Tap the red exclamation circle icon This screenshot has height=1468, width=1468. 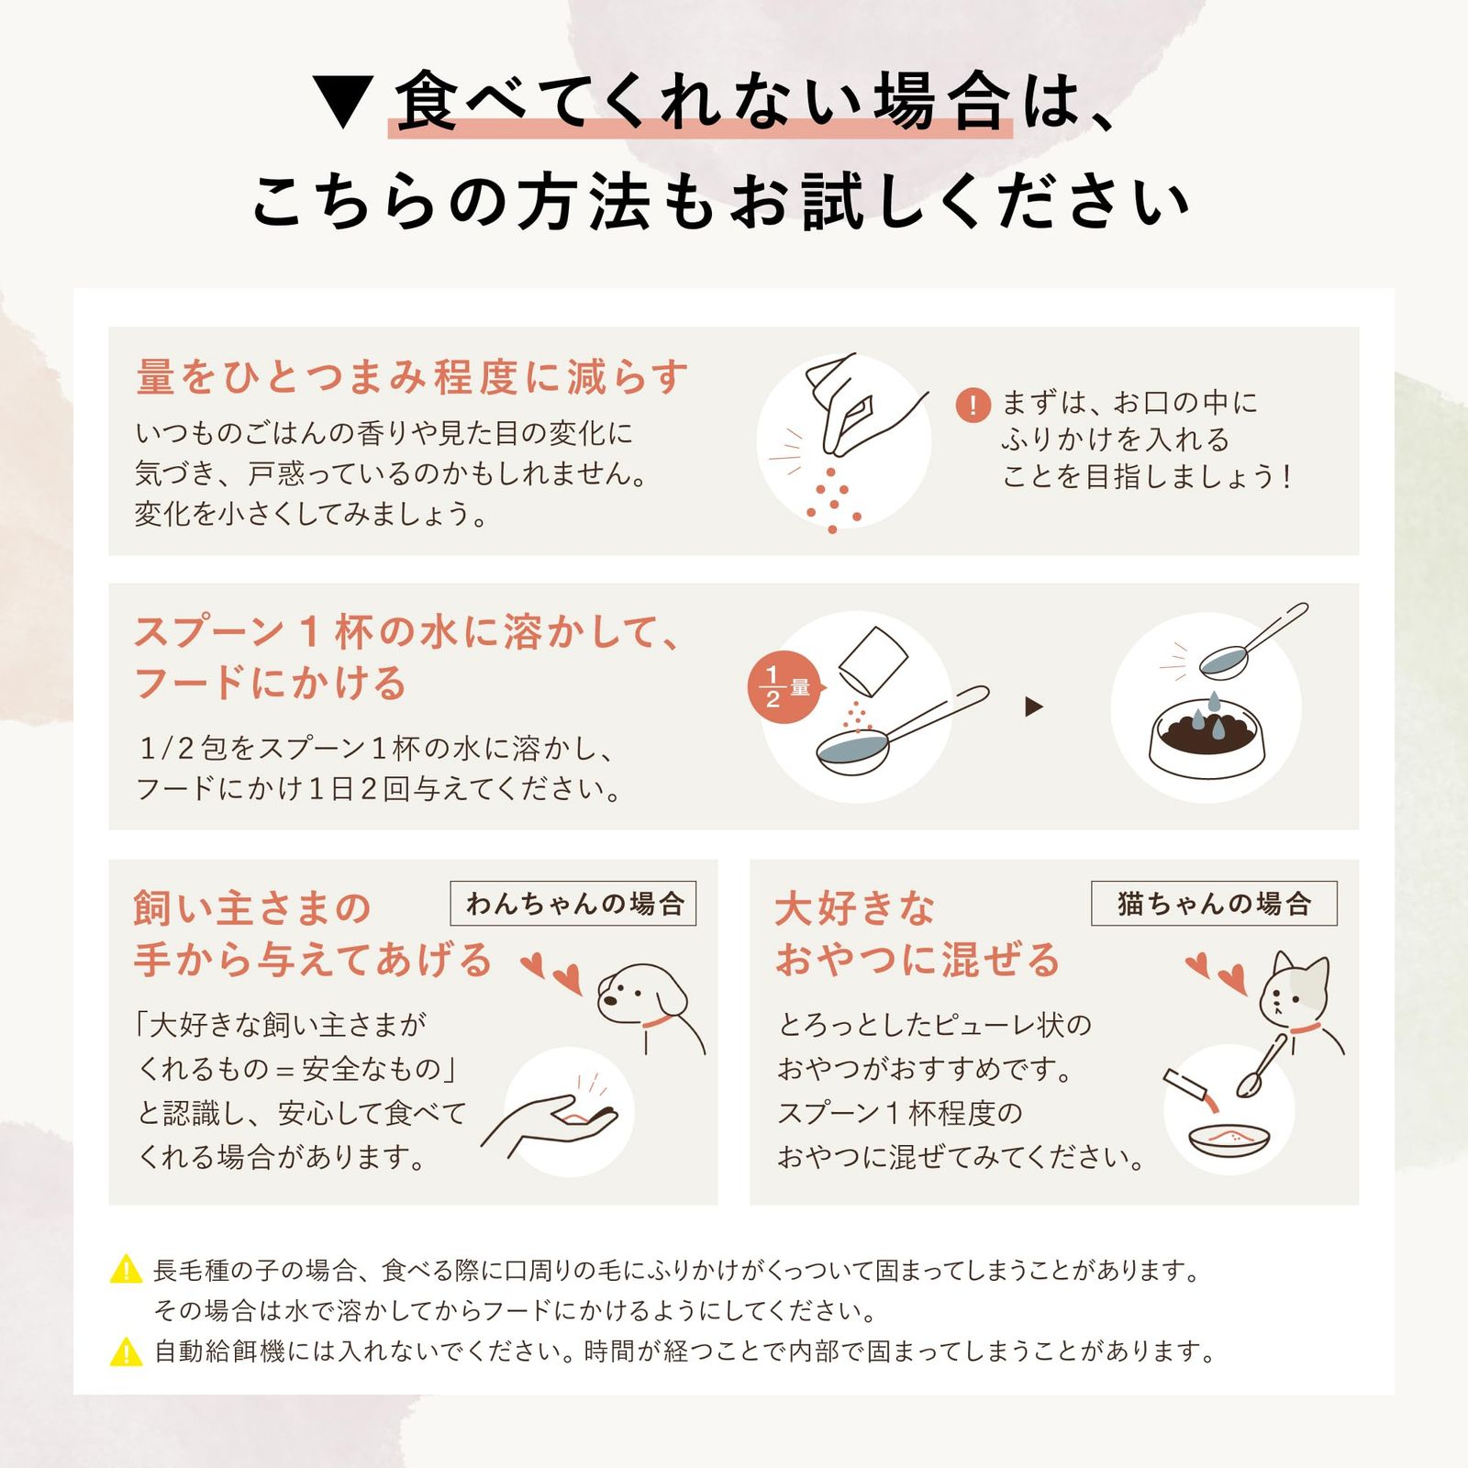(x=973, y=405)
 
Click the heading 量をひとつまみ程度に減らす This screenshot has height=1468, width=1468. (x=412, y=377)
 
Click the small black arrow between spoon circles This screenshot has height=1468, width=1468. (x=1034, y=706)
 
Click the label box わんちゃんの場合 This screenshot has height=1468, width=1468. (x=573, y=904)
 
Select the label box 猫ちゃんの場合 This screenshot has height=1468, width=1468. (x=1214, y=904)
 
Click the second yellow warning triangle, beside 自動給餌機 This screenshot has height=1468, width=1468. (x=126, y=1351)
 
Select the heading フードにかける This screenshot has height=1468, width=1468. (x=271, y=684)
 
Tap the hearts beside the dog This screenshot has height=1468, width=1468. (x=552, y=973)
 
